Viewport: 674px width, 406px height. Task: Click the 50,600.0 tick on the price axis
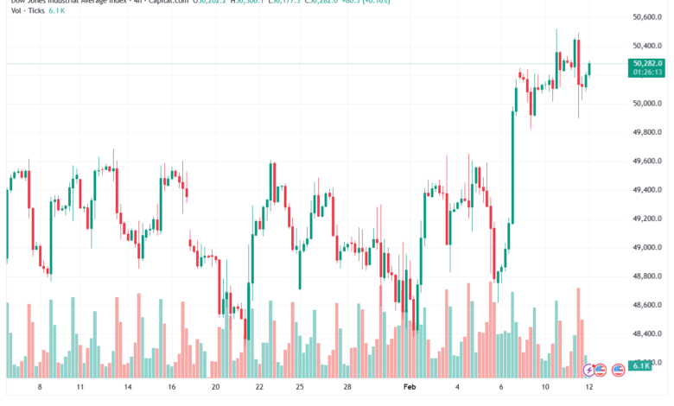(647, 17)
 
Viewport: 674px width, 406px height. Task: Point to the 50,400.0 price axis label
(647, 46)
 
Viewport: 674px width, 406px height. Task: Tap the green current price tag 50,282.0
(647, 63)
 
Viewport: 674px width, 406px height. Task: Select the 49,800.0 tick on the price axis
(647, 132)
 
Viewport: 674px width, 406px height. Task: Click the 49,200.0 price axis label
(647, 219)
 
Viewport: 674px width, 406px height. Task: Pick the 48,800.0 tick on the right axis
(647, 276)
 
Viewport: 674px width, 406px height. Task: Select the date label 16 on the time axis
(172, 389)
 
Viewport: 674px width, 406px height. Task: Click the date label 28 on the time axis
(347, 389)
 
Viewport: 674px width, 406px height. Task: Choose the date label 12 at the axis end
(589, 389)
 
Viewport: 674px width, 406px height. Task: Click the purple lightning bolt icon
(590, 370)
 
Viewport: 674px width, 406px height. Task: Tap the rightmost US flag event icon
(618, 370)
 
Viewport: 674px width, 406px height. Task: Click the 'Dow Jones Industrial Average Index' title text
(60, 3)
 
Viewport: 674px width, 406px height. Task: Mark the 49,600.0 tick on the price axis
(647, 162)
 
